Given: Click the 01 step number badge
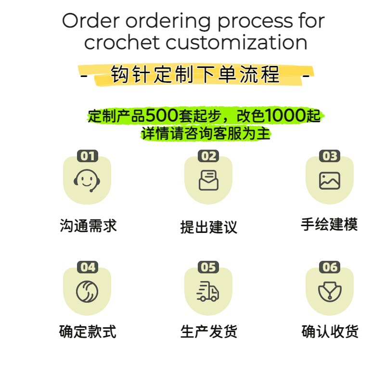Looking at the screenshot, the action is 88,156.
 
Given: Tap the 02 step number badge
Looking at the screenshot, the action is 208,156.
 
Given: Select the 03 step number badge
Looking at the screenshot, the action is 330,156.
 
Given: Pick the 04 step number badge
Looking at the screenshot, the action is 88,267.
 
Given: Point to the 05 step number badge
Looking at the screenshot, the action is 208,267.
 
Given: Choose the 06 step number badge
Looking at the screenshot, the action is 330,267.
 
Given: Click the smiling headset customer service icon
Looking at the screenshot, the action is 87,180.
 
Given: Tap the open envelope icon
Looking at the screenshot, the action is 208,180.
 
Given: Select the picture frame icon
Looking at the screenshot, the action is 330,180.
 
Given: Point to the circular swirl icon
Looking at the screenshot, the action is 87,292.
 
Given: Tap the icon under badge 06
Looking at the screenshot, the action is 330,292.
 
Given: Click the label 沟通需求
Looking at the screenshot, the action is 88,226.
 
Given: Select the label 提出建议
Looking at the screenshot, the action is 209,227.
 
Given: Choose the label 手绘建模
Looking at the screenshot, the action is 330,224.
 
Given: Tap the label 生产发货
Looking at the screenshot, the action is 209,332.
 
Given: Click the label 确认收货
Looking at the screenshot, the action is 330,332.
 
